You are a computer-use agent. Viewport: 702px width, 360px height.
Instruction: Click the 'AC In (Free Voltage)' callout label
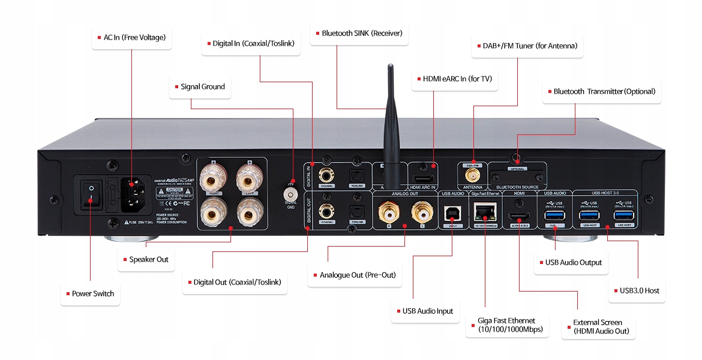tap(130, 38)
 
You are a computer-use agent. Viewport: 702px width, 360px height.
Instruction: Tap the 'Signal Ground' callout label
tap(200, 87)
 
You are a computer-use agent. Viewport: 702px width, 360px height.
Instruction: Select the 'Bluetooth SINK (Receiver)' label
tap(359, 34)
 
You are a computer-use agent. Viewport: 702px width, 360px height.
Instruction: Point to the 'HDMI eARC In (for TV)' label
tap(454, 79)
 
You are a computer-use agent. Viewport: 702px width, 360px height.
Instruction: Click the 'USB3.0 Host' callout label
tap(637, 291)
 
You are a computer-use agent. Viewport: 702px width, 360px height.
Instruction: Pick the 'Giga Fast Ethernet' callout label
tap(507, 325)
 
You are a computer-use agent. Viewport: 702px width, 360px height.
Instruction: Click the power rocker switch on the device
tap(91, 193)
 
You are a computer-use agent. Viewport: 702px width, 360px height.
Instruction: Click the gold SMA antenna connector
tap(473, 175)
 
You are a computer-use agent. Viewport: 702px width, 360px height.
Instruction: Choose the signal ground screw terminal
tap(292, 194)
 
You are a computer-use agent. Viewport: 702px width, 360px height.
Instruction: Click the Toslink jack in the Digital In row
tap(357, 176)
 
